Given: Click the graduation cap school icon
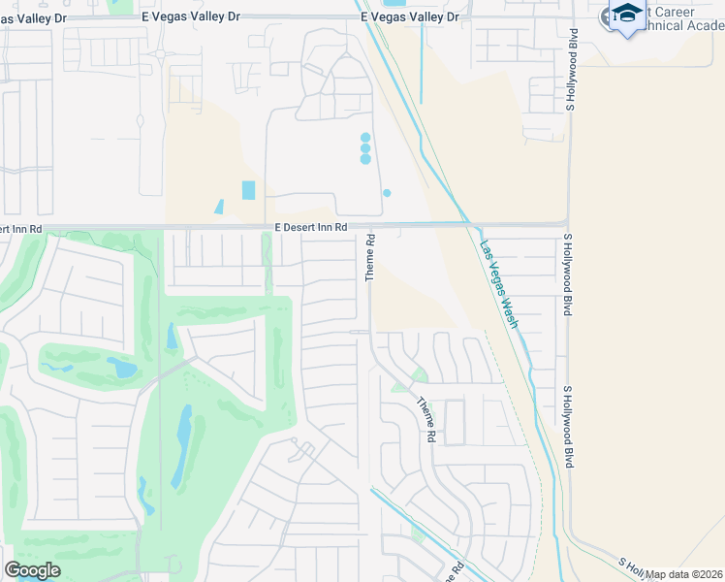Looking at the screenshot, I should click(627, 16).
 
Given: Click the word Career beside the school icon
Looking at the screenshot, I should click(670, 12).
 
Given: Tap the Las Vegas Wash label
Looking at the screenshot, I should click(499, 285).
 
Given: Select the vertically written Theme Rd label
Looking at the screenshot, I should click(370, 257).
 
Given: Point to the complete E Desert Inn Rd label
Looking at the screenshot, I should click(303, 227).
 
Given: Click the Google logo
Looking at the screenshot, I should click(32, 569).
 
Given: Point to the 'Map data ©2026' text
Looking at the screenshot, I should click(684, 574).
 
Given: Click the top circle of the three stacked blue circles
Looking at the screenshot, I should click(365, 138).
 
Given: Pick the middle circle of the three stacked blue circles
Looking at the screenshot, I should click(365, 148).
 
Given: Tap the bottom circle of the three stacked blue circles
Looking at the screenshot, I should click(365, 159).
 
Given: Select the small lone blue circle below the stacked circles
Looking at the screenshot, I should click(387, 193).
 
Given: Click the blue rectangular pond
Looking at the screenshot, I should click(249, 190).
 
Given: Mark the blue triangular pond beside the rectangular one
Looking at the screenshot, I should click(219, 207).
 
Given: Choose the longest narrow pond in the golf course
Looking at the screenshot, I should click(181, 446).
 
